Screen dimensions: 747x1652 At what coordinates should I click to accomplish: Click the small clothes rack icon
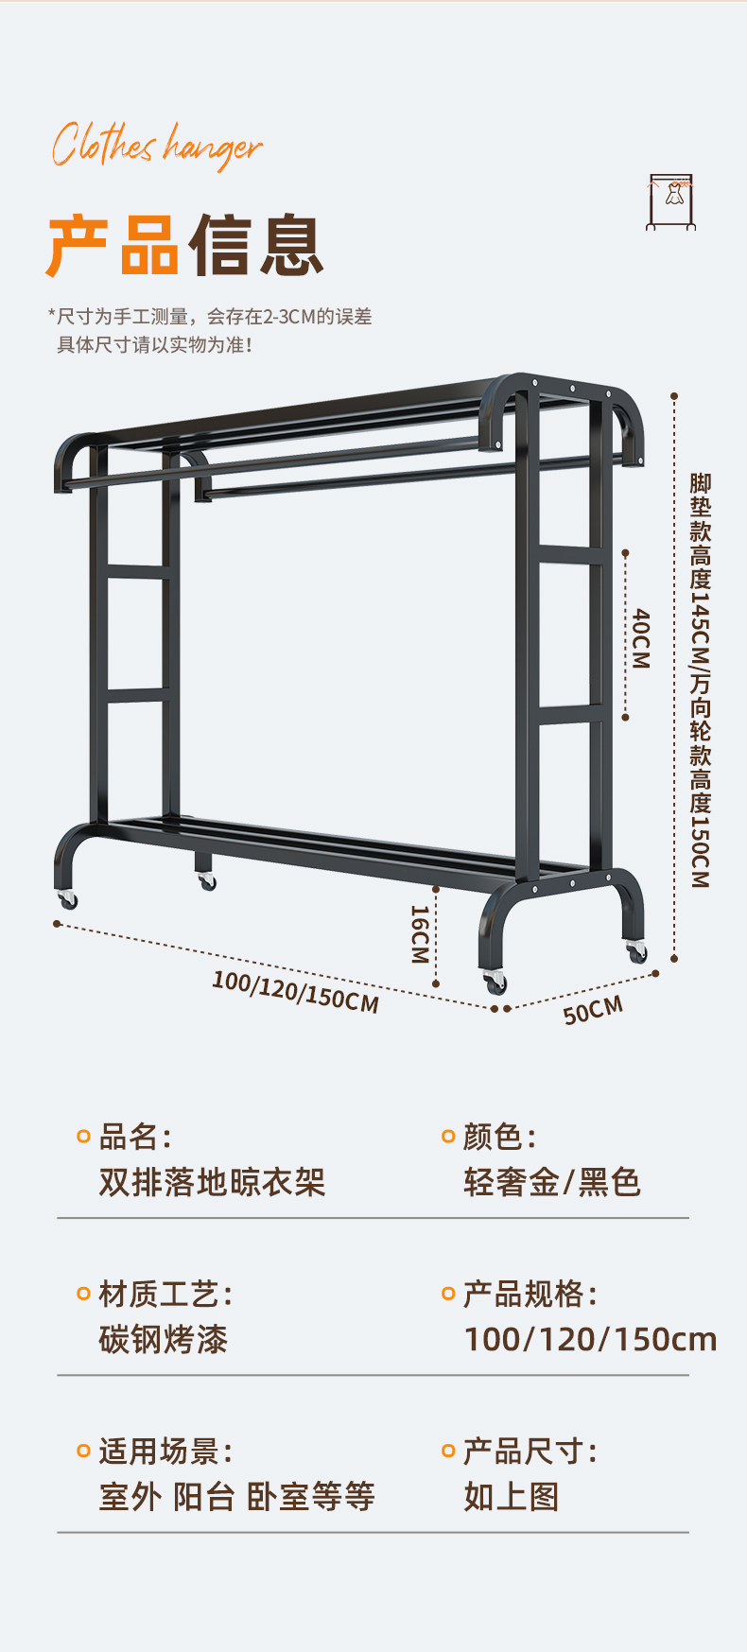[671, 201]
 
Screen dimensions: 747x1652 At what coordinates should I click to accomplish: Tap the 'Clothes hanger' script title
[156, 146]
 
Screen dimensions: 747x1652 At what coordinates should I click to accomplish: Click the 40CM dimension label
[641, 638]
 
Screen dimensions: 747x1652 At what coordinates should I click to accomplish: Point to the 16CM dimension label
[420, 934]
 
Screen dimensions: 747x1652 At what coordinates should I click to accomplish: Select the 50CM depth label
[593, 1010]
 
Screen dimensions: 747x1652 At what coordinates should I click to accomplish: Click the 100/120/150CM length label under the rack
[295, 991]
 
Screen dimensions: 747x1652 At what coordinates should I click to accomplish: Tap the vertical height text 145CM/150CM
[700, 680]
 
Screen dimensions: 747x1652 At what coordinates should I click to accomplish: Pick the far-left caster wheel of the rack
[67, 899]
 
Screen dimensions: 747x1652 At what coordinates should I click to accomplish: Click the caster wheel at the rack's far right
[637, 951]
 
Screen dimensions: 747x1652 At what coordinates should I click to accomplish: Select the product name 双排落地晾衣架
[212, 1182]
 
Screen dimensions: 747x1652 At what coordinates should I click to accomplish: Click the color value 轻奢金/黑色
[552, 1182]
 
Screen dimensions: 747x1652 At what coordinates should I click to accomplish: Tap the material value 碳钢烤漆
[164, 1339]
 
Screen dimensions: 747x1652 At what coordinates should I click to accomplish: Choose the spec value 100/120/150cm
[590, 1339]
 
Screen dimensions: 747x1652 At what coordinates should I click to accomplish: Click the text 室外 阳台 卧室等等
[236, 1496]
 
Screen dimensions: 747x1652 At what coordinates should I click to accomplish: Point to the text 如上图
[512, 1496]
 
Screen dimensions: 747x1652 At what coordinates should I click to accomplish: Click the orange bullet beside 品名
[83, 1136]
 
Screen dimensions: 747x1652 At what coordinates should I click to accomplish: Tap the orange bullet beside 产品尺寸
[448, 1451]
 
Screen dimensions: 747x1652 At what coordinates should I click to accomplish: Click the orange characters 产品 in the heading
[113, 246]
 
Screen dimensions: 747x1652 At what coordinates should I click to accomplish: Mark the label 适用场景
[159, 1451]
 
